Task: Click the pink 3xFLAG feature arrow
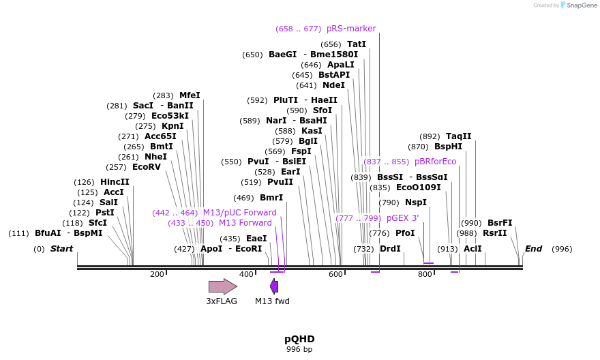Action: [222, 286]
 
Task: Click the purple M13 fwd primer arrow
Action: [274, 286]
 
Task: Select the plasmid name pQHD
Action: [299, 339]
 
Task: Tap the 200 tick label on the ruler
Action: [157, 274]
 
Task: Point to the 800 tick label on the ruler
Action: [425, 274]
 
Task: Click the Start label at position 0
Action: [61, 249]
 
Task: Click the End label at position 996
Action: [533, 249]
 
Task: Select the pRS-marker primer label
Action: [351, 29]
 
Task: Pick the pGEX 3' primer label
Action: [402, 218]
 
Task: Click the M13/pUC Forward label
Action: [240, 213]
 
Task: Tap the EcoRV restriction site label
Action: [147, 167]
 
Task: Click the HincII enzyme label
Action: [115, 182]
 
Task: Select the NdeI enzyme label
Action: [333, 85]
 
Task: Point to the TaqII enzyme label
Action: [458, 136]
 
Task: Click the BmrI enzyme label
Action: [271, 198]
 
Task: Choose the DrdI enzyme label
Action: [390, 249]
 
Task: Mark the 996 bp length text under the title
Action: [299, 349]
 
